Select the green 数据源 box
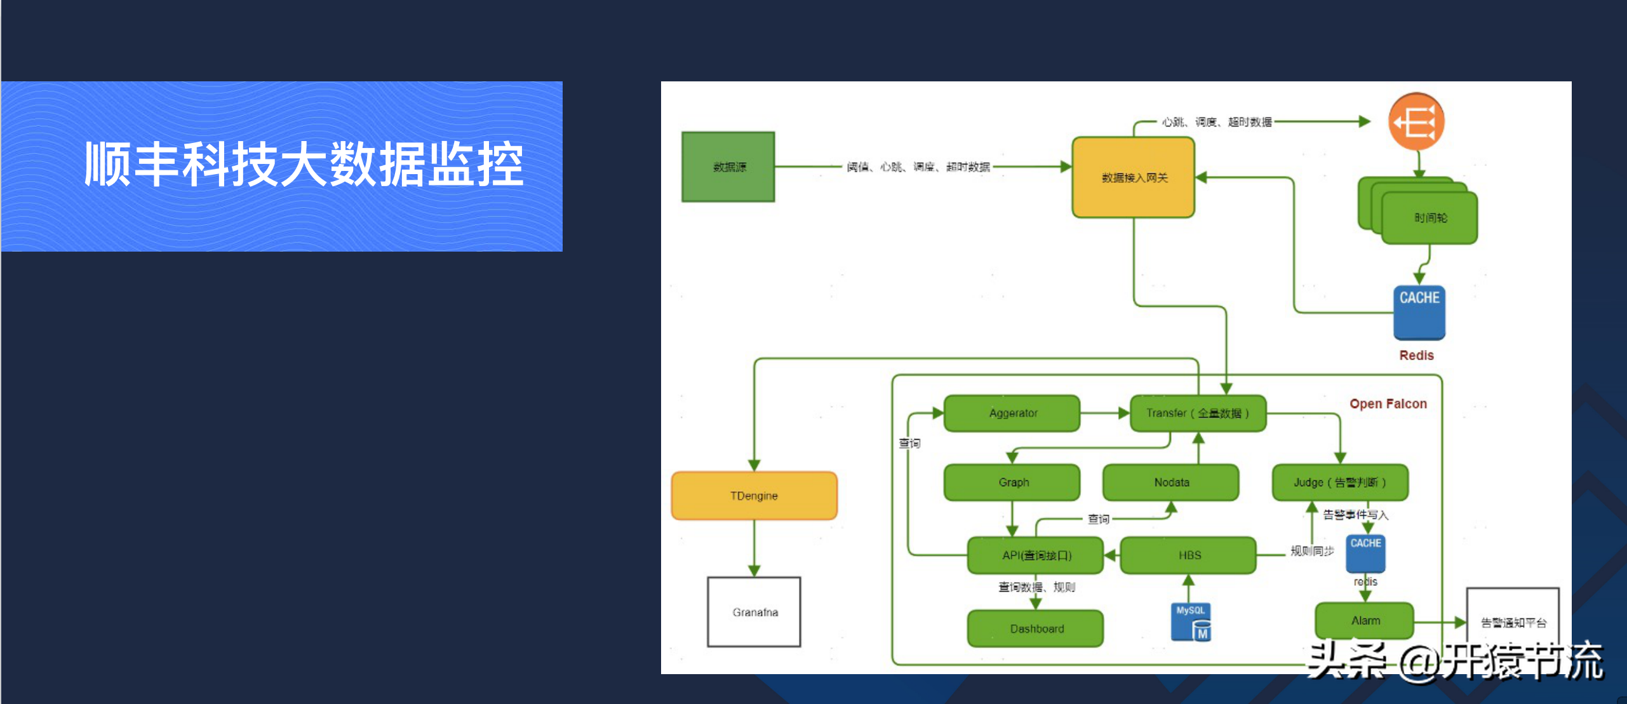point(728,167)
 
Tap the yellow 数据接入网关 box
point(1134,177)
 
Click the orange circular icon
point(1416,121)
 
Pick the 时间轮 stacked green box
point(1429,218)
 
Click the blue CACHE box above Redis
point(1419,311)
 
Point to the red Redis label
point(1416,355)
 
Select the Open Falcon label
point(1388,403)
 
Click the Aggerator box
point(1012,413)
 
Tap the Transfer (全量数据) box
point(1198,413)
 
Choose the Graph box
point(1012,482)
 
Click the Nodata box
point(1171,482)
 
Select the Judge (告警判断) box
point(1340,482)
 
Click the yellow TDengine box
point(754,496)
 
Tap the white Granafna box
point(754,612)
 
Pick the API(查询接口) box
point(1036,555)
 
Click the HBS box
point(1189,555)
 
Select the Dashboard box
point(1036,628)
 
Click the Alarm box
point(1365,621)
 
